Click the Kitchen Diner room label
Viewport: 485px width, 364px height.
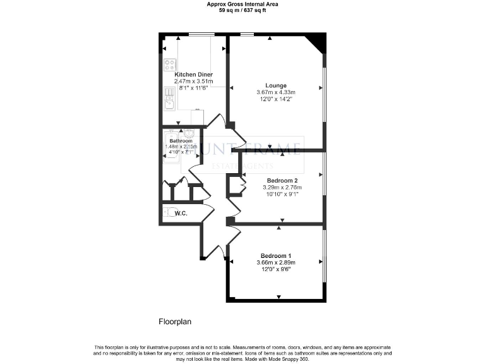[x=193, y=75]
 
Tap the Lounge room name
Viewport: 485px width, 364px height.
[x=276, y=85]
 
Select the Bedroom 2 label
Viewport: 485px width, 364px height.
[x=282, y=180]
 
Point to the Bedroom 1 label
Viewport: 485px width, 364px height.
[x=276, y=255]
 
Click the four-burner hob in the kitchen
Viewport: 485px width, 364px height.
[x=170, y=64]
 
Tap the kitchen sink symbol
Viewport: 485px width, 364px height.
[x=169, y=95]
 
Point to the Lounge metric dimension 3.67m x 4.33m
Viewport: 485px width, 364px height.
[x=276, y=92]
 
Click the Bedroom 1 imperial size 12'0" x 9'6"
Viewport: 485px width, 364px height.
[x=276, y=269]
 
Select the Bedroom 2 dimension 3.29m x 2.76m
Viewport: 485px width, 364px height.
[x=282, y=187]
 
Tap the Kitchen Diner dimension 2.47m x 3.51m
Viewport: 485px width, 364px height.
[x=193, y=82]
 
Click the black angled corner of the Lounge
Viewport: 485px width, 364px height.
[x=317, y=43]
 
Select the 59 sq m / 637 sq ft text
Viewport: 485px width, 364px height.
[x=242, y=11]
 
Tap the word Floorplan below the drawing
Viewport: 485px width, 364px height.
[x=174, y=322]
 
